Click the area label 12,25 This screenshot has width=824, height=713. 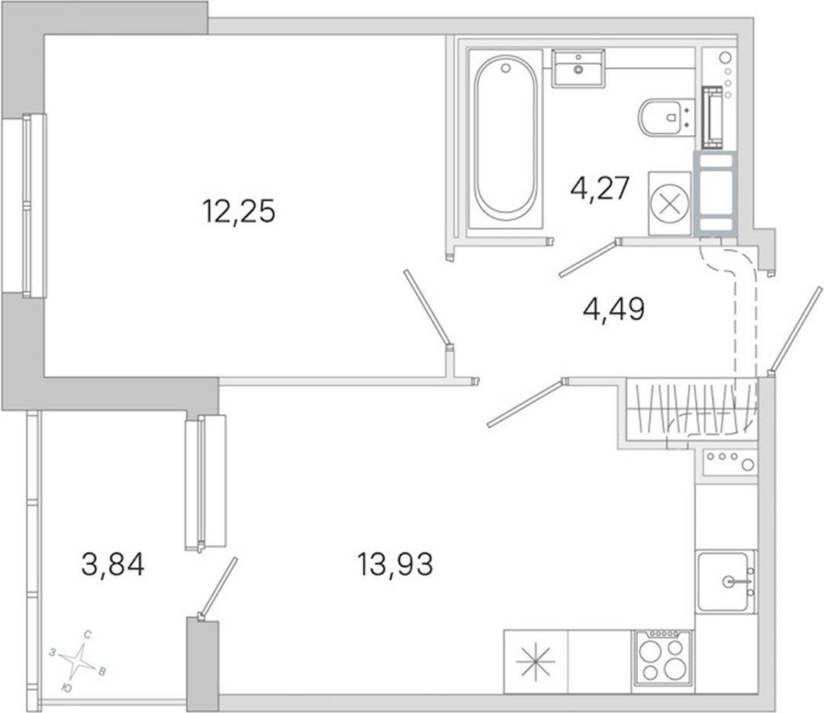[239, 211]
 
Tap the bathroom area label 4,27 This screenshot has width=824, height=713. [600, 188]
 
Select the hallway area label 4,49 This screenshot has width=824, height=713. [613, 308]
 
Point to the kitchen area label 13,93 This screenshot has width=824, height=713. [395, 565]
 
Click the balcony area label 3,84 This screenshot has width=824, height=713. [113, 565]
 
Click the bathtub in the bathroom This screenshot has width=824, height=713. [506, 140]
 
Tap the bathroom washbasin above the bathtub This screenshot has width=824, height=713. [578, 69]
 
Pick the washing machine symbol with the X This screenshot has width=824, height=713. [670, 203]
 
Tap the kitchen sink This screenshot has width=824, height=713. [726, 580]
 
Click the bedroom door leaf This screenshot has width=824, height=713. [426, 307]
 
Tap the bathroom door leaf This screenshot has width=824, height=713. [588, 258]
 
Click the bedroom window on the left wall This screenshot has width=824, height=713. [24, 205]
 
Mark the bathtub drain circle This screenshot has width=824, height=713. [506, 68]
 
